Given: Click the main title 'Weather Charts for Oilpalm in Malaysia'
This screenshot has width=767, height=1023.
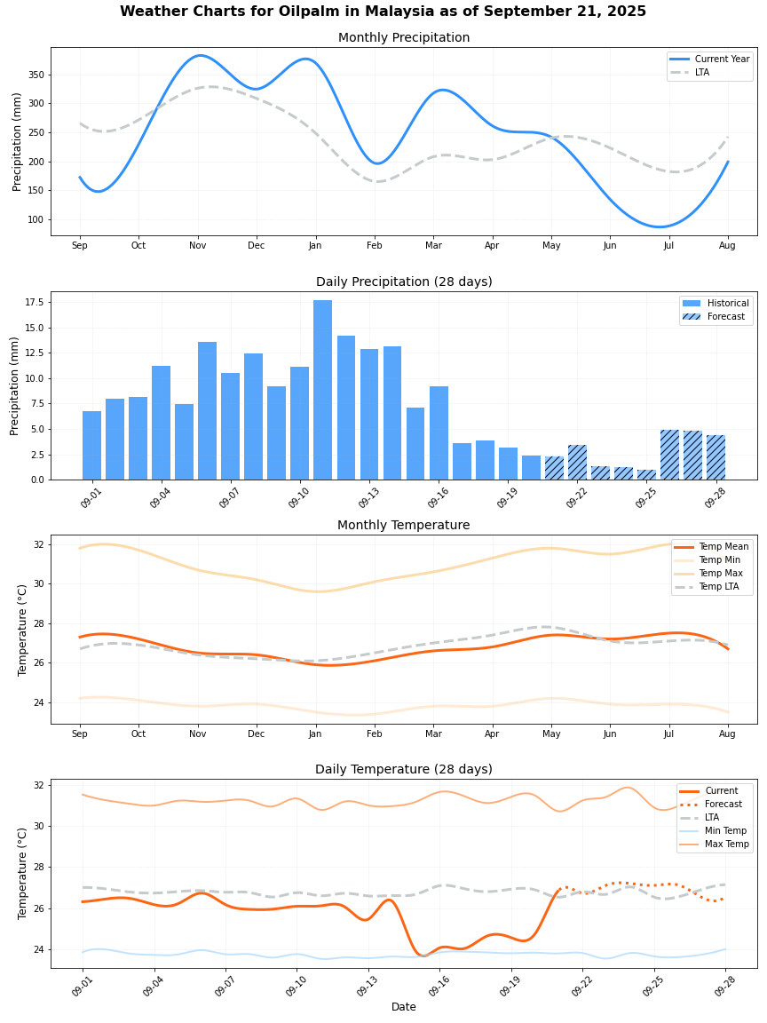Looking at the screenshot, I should [383, 12].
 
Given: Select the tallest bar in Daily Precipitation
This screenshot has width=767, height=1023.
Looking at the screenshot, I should [322, 390].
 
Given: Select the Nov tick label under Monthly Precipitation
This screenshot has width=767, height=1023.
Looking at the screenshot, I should [197, 245].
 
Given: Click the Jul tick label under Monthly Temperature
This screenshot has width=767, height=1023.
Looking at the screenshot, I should [668, 734].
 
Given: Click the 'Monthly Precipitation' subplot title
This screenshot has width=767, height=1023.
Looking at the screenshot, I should [404, 37].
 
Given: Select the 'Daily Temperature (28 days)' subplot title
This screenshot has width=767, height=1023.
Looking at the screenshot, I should [404, 769].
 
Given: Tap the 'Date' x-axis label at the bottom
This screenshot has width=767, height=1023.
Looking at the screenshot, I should [404, 1007].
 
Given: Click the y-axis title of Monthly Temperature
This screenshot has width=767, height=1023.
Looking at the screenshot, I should [23, 630].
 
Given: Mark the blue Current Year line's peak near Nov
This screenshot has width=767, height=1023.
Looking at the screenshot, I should [200, 55].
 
